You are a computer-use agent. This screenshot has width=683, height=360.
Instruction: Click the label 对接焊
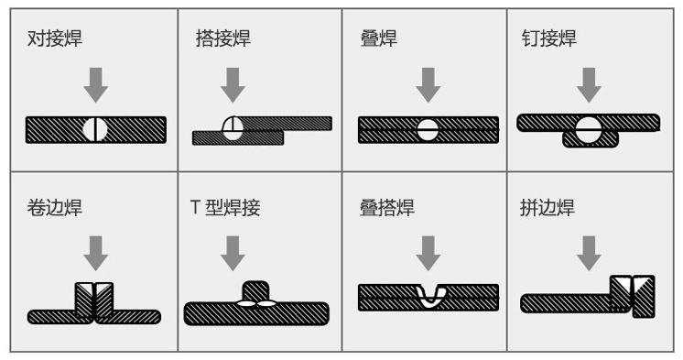coord(54,38)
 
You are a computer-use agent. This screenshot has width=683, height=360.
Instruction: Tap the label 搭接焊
coord(223,38)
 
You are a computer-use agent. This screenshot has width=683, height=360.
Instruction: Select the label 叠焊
coord(379,38)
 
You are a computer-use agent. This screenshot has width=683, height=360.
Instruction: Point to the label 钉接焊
coord(548,38)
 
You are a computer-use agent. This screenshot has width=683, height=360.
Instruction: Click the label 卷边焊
coord(54,207)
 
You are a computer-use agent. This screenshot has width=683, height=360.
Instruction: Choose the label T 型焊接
coord(225,207)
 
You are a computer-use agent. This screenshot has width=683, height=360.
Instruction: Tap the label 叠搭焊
coord(386,207)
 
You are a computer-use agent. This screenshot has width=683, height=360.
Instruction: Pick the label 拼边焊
coord(547,207)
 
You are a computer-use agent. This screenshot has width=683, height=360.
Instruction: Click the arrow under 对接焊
coord(96,85)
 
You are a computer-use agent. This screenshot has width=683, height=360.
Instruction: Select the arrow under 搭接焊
coord(233,85)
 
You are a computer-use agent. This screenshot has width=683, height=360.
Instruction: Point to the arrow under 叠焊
coord(428,85)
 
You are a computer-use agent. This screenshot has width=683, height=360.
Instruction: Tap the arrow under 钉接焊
coord(589,85)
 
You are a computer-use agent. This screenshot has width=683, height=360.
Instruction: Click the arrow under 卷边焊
coord(96,254)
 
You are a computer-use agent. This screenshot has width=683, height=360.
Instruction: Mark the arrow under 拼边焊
coord(589,254)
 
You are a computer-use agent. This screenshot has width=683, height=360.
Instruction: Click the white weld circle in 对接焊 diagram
coord(95,129)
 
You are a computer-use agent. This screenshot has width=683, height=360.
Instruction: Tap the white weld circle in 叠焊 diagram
coord(428,130)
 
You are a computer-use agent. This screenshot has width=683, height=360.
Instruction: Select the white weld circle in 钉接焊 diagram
coord(589,129)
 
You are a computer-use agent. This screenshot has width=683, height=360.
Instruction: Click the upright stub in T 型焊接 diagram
coord(255,291)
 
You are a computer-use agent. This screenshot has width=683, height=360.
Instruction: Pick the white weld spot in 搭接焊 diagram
coord(233,128)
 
